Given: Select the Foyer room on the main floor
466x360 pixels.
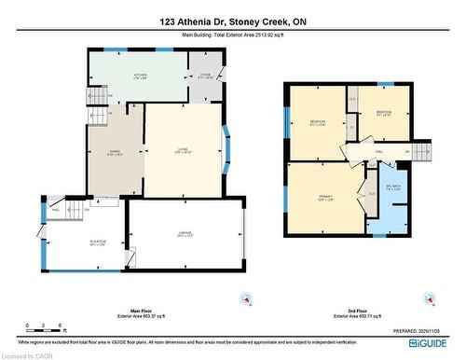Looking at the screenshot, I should [205, 77].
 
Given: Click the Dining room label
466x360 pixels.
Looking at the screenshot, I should [115, 152].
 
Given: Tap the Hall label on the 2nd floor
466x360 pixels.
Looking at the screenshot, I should [378, 150].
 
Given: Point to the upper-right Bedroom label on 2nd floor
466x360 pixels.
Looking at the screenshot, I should [383, 114].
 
